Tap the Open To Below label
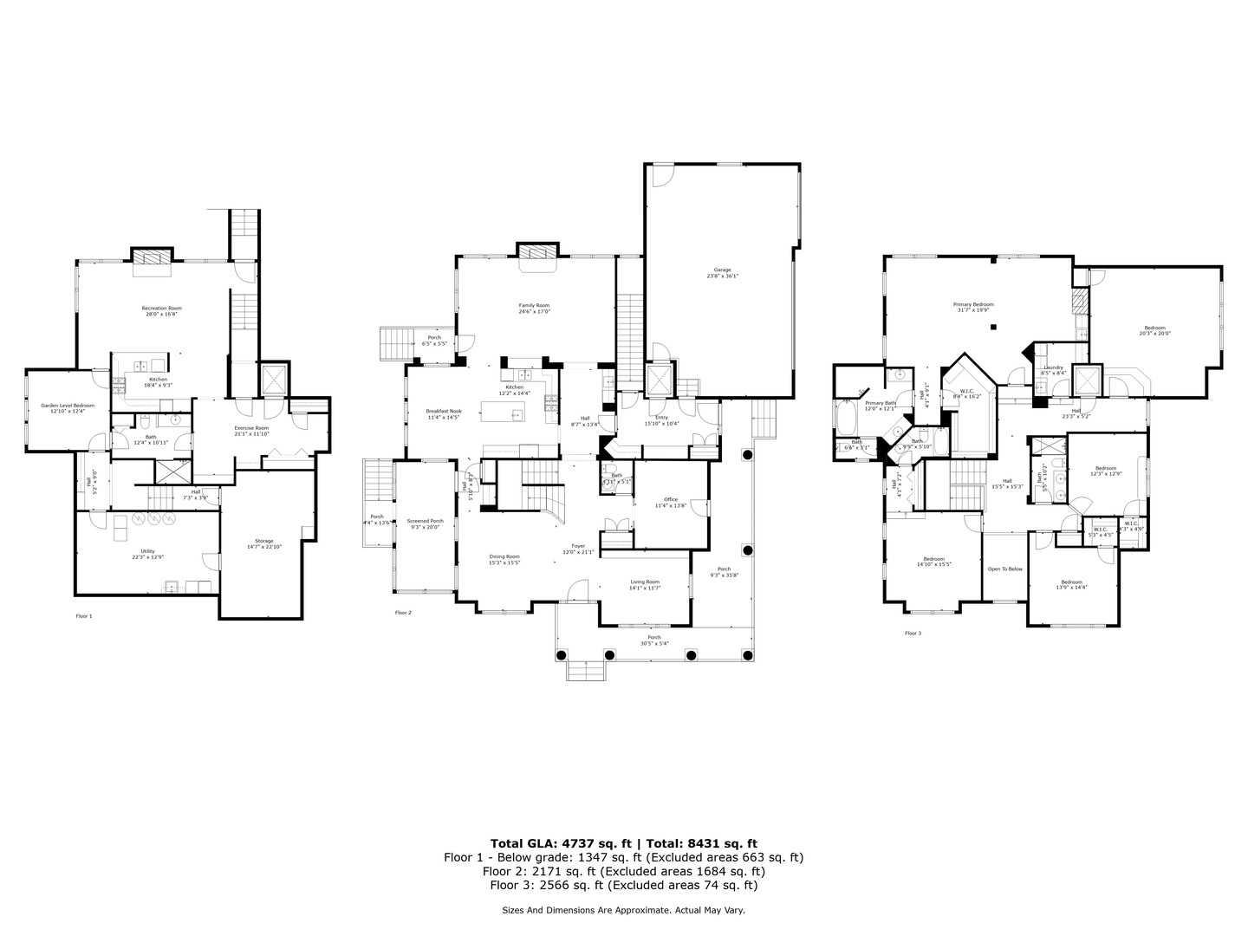click(x=1004, y=569)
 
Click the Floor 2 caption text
click(x=403, y=613)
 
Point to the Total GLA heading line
click(x=623, y=842)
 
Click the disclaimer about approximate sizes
click(x=623, y=910)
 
